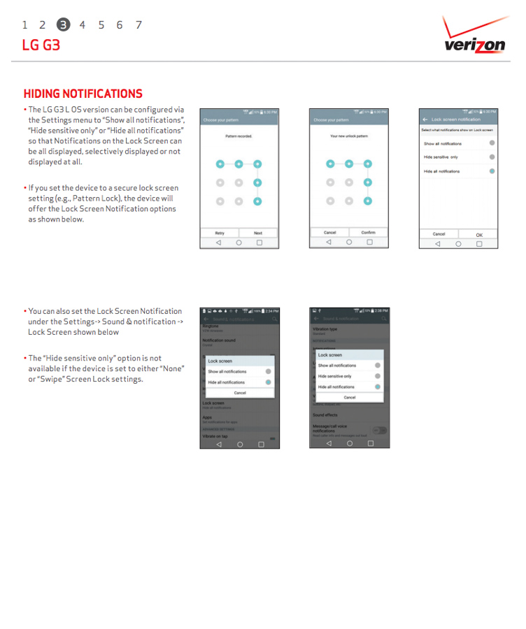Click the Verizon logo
(474, 36)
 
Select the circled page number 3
(63, 25)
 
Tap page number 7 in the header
(138, 25)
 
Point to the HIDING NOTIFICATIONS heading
(83, 94)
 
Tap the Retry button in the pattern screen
(220, 233)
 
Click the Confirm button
(369, 233)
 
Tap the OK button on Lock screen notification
(479, 235)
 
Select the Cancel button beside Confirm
(329, 233)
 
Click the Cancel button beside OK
(439, 235)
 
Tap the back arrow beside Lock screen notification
(425, 120)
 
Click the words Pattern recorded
(239, 136)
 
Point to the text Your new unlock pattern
(348, 136)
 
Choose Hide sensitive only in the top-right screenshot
(441, 157)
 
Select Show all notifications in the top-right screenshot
(443, 143)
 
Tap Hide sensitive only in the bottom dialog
(335, 376)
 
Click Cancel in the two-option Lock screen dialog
(240, 393)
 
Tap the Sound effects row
(325, 415)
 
